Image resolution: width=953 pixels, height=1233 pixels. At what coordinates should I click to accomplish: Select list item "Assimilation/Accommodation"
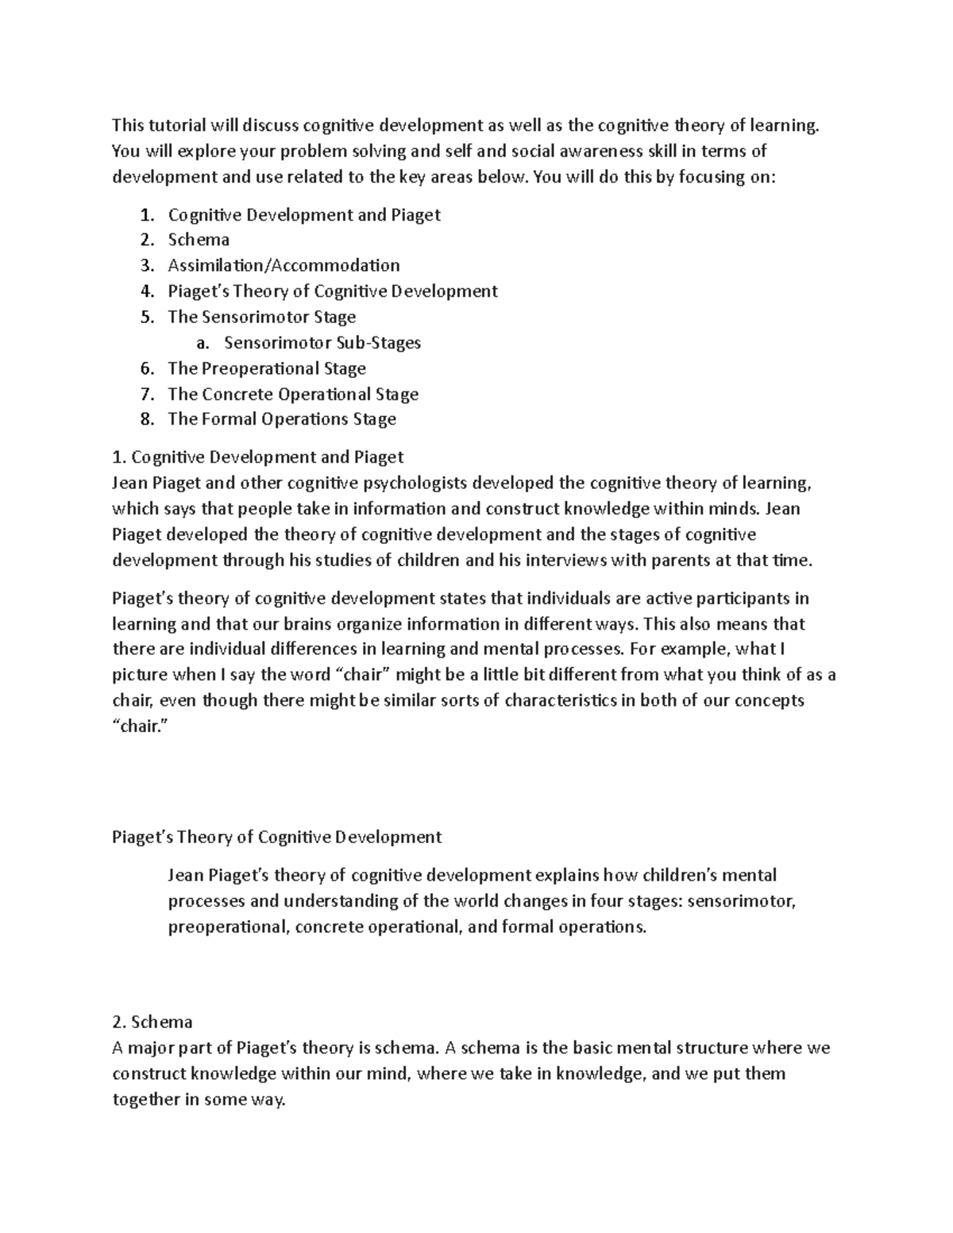284,265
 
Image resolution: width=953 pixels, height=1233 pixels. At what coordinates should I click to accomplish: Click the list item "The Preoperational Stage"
267,368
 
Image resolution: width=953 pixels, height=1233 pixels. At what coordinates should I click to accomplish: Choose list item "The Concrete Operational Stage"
293,394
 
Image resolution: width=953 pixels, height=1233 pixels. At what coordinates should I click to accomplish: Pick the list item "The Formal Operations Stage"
282,419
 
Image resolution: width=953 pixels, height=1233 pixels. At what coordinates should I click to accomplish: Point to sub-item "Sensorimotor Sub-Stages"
322,343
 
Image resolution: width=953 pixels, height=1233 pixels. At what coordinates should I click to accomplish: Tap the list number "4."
147,291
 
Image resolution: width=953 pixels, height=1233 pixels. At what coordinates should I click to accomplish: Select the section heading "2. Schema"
152,1022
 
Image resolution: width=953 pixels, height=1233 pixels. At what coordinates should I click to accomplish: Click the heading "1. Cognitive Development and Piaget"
258,457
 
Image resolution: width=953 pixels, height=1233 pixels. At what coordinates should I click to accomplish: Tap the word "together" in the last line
147,1100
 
